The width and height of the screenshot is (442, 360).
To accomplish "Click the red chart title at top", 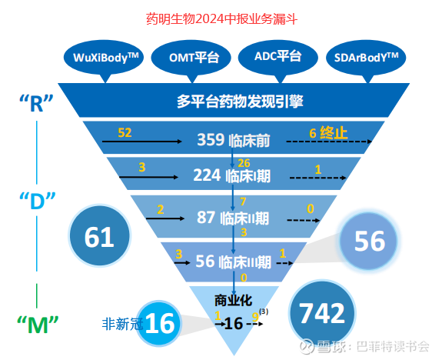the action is (221, 19).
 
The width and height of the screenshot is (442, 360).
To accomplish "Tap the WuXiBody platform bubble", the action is (104, 58).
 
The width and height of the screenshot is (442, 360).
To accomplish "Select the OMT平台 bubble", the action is (191, 58).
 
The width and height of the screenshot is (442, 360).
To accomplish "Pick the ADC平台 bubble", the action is (278, 57).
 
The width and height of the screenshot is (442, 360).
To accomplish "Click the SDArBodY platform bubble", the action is (366, 58).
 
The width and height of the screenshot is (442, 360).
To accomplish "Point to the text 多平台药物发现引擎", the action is (240, 102).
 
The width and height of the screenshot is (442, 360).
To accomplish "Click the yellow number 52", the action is (125, 132).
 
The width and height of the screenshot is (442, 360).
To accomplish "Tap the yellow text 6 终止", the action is (327, 133).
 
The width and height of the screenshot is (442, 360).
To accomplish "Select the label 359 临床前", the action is (234, 140).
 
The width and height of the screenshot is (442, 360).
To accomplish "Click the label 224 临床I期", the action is (231, 175).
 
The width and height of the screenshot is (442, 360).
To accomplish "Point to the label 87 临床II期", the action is (233, 218).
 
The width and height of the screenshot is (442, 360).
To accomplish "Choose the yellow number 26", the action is (244, 163).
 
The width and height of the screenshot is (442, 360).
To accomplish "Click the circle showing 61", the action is (99, 235).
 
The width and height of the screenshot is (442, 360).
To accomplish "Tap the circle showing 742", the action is (322, 312).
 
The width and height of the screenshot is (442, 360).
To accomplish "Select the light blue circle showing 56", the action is (369, 241).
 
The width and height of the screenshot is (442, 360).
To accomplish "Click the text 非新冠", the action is (122, 324).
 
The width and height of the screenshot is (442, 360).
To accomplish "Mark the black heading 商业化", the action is (233, 301).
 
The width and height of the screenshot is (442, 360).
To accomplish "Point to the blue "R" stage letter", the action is (36, 103).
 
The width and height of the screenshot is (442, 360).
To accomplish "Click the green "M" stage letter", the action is (38, 325).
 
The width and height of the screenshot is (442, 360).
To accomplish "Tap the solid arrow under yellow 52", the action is (141, 141).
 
